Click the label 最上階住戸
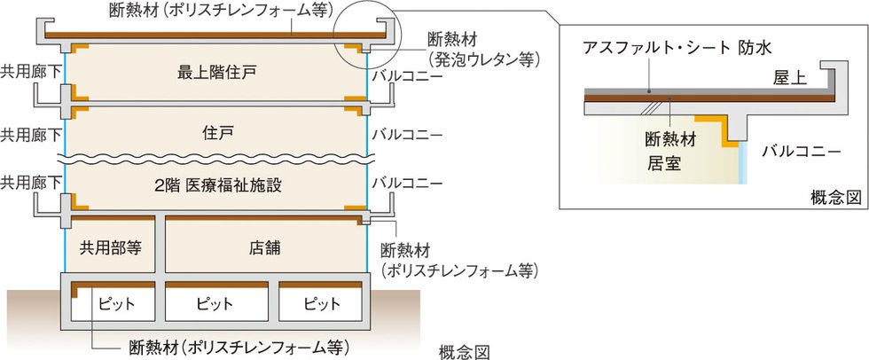coord(216,71)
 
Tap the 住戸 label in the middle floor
coord(216,133)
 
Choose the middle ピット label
coord(215,303)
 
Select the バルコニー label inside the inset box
coord(801,152)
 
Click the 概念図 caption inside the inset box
coord(835,196)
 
